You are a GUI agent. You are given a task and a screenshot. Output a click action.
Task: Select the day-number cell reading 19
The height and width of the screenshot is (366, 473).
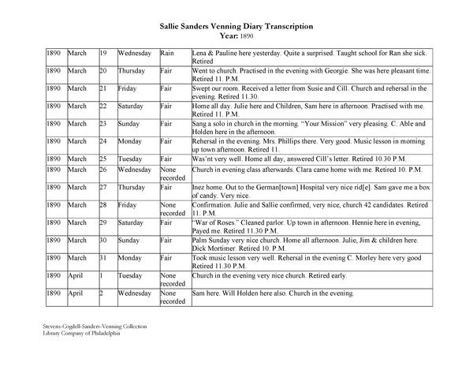click(103, 52)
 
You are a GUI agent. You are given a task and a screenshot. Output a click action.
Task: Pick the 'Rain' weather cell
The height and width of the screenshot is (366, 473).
click(166, 52)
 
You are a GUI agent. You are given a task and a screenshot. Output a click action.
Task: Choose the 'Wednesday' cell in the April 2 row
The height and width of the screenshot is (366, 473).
click(135, 293)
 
